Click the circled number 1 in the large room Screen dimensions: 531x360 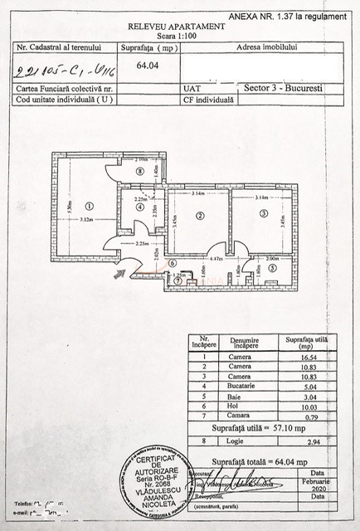[x=90, y=206]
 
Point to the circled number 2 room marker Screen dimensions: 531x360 [x=201, y=215]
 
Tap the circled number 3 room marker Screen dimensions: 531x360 [x=264, y=213]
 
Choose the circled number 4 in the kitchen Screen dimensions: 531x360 [x=139, y=207]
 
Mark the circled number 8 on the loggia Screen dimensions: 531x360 [x=139, y=170]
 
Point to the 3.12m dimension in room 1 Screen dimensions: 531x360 [x=86, y=221]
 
